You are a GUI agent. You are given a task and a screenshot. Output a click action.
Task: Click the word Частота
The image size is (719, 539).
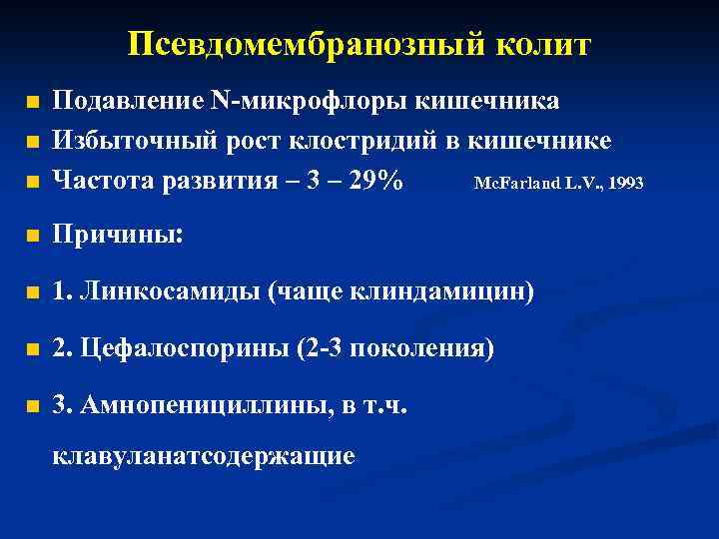(x=101, y=182)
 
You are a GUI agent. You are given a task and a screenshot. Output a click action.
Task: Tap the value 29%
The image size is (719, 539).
(x=369, y=182)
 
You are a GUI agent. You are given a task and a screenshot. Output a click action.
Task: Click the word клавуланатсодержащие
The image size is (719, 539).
(x=204, y=456)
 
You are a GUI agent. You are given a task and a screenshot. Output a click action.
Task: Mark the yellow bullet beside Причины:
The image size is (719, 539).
(x=33, y=238)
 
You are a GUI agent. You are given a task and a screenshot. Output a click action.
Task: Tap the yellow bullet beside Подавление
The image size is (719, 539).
(x=33, y=103)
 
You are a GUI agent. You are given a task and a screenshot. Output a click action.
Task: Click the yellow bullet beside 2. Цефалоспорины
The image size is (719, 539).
(x=33, y=351)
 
